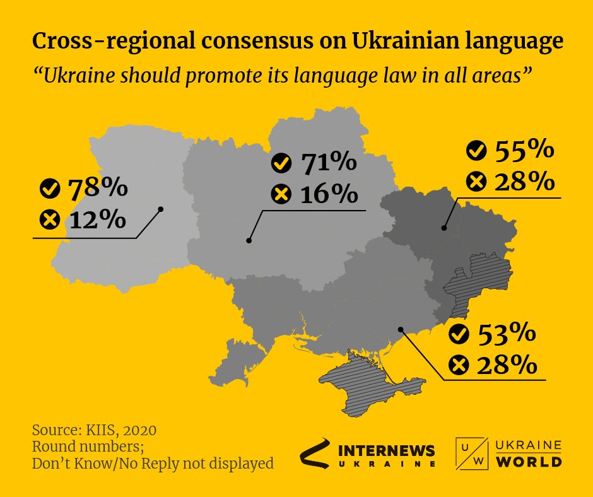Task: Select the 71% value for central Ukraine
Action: click(328, 163)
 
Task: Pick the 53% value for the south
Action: click(506, 334)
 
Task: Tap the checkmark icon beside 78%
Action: click(49, 188)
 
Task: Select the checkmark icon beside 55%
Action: click(476, 151)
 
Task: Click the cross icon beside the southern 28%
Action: click(459, 365)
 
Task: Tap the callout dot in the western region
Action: click(161, 209)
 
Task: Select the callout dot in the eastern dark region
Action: click(444, 228)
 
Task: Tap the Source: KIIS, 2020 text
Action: click(94, 431)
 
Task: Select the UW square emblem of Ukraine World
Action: click(471, 453)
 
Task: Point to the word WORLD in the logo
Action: click(529, 462)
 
